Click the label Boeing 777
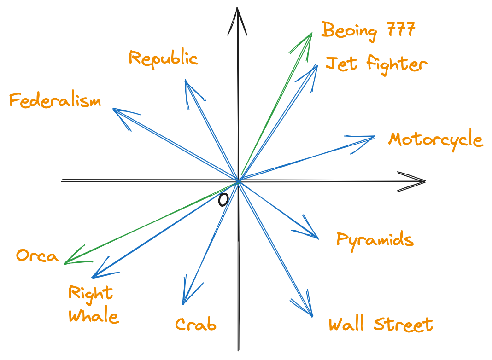coord(369,31)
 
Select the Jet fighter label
coord(376,65)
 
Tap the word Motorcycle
coord(435,140)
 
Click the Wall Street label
coord(381,324)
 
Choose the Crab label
coord(196,324)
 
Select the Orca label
coord(37,255)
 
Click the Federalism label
coord(55,100)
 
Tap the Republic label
coord(163,58)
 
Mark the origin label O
coord(223,199)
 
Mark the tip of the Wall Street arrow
coord(312,317)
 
